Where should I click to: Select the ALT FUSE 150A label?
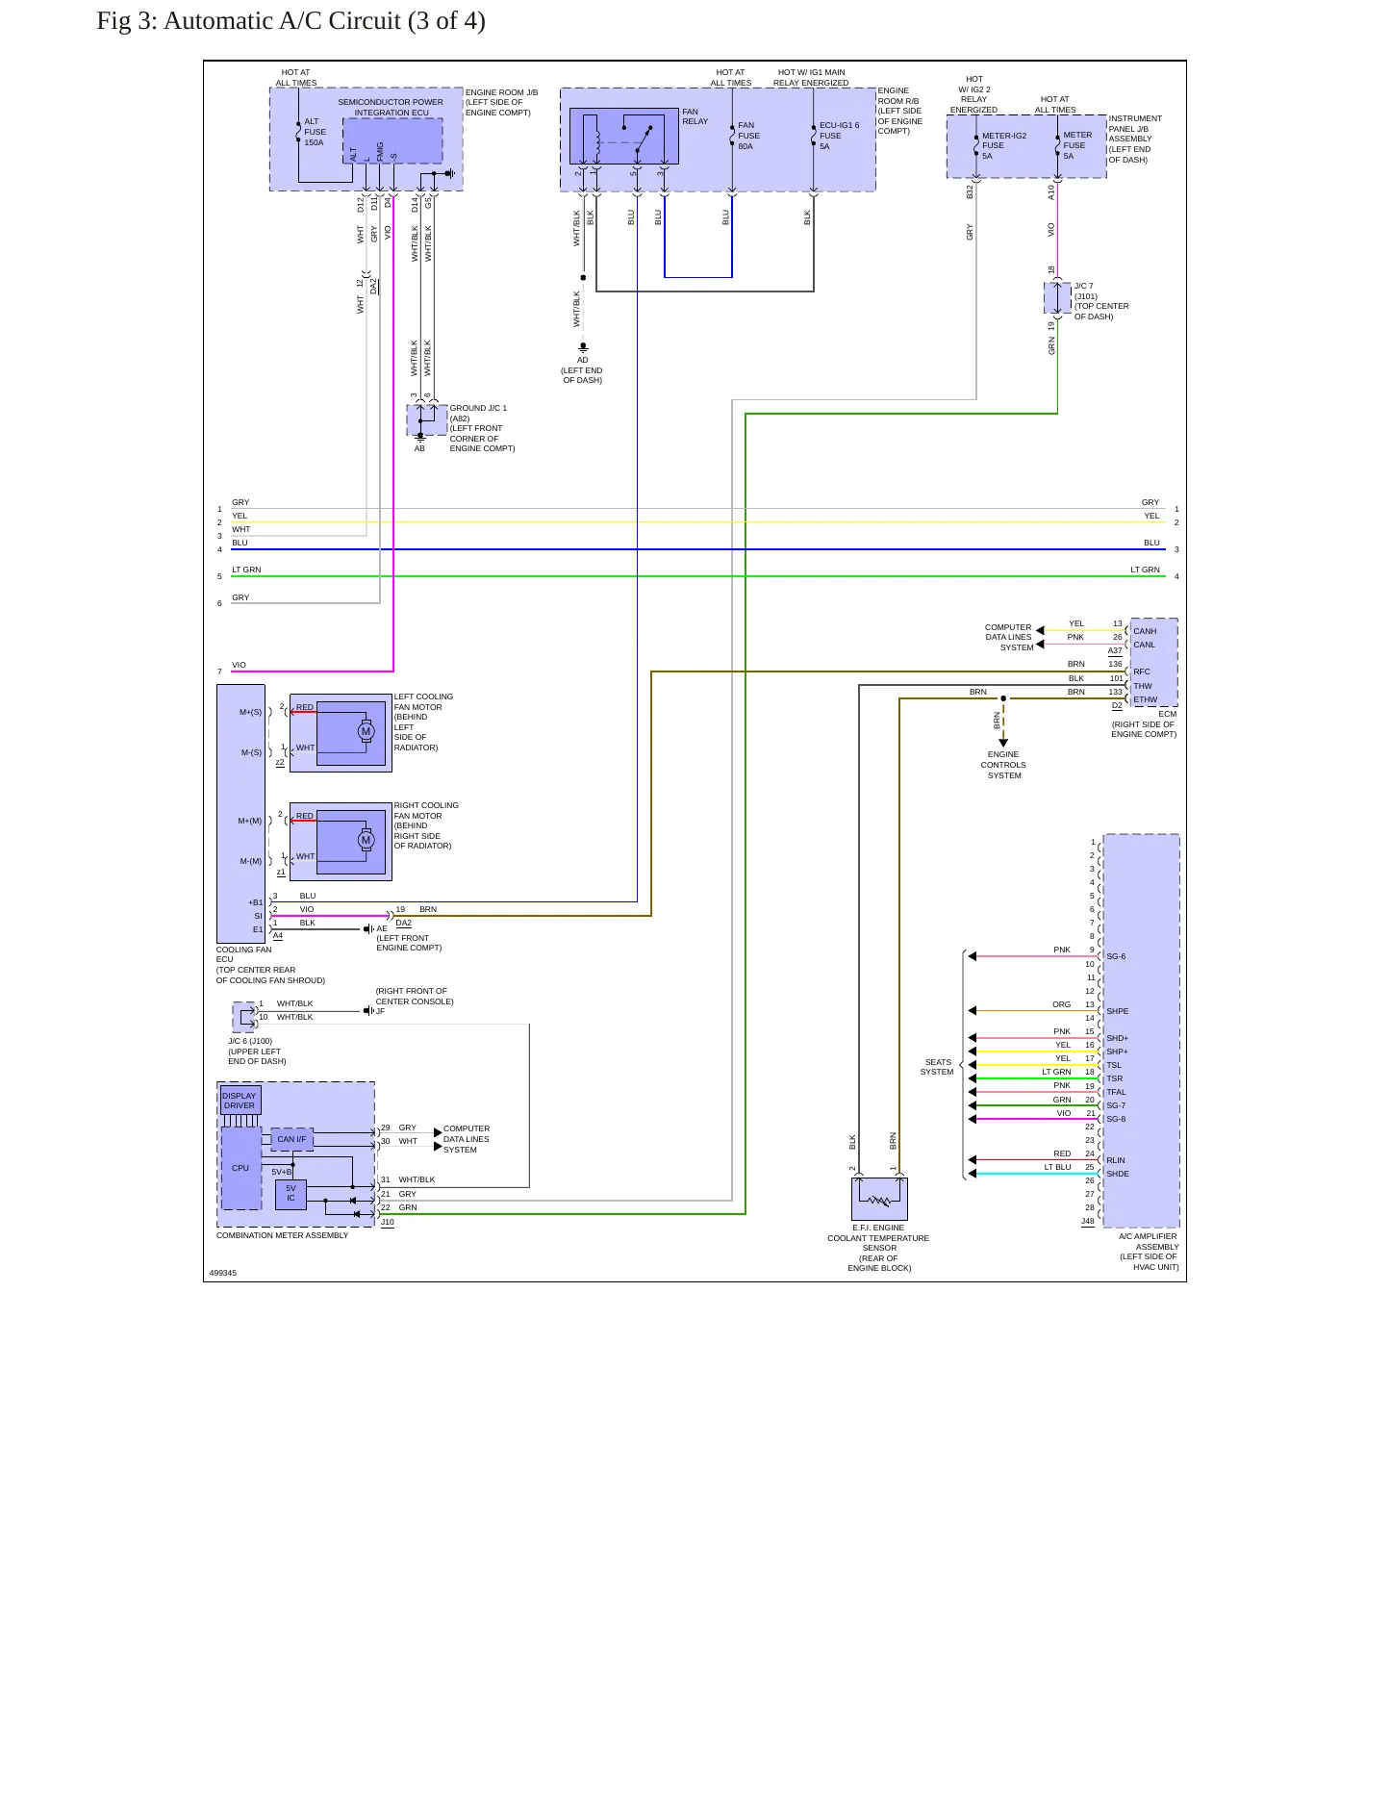[316, 133]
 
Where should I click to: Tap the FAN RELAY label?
[695, 116]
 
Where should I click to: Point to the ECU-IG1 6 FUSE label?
[839, 136]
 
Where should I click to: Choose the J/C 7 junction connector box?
[1057, 298]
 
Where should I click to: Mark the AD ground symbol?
[583, 347]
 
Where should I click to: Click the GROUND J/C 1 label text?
[478, 408]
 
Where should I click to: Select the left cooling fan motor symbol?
[366, 731]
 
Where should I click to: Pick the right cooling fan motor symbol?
[366, 840]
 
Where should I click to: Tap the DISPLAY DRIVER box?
[240, 1101]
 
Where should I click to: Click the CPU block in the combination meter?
[240, 1168]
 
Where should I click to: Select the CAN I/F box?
[291, 1139]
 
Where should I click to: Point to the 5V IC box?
[291, 1194]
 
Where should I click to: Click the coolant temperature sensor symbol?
[879, 1200]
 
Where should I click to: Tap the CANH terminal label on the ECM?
[1145, 632]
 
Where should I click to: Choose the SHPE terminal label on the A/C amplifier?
[1118, 1011]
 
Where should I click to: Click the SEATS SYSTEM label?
[937, 1067]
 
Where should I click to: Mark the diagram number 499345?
[223, 1273]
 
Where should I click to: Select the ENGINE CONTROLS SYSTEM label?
[1003, 765]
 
